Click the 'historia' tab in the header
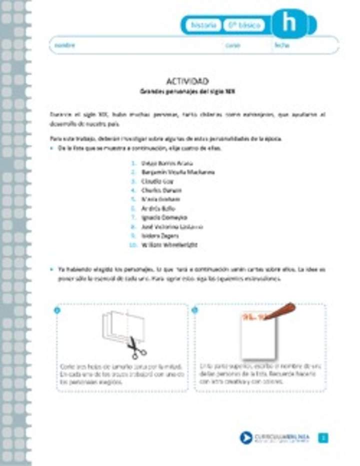[x=203, y=25]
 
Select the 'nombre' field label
[x=65, y=45]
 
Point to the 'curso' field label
[x=233, y=45]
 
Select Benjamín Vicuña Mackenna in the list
[x=171, y=172]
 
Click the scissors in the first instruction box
[x=135, y=348]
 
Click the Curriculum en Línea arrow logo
[x=245, y=438]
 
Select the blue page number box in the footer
[x=323, y=438]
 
